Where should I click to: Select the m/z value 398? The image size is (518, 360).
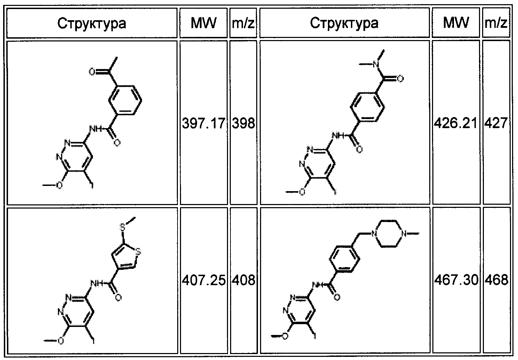(244, 124)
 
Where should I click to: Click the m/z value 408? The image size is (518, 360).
(244, 279)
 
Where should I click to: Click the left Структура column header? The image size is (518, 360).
(92, 23)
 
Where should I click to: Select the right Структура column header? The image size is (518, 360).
(344, 23)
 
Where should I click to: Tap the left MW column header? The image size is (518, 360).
(204, 23)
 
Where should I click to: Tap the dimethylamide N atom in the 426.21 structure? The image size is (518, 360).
(375, 64)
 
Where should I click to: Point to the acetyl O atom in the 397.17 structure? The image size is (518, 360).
(92, 72)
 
